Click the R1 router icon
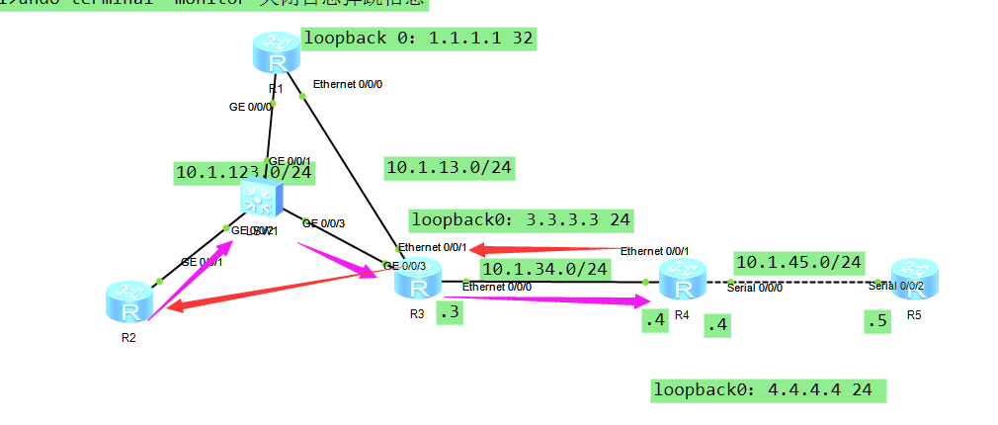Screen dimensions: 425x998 tap(273, 51)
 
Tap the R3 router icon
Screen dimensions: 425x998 tap(416, 281)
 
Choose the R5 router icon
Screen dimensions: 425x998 tap(912, 276)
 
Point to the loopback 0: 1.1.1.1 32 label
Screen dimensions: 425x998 tap(418, 40)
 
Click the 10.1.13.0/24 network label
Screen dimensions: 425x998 tap(450, 168)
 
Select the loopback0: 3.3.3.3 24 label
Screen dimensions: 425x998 tap(522, 219)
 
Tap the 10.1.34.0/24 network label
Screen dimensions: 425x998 tap(544, 268)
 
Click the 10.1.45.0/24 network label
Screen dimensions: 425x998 tap(799, 263)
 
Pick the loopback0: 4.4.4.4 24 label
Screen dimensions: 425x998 tap(768, 390)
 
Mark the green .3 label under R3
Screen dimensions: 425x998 tap(450, 313)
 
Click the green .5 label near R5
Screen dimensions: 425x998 tap(875, 322)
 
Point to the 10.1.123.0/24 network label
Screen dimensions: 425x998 tap(244, 172)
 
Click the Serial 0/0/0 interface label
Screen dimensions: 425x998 tap(755, 288)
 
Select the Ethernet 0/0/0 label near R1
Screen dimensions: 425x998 tap(347, 84)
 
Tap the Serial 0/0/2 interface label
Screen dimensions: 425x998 tap(896, 286)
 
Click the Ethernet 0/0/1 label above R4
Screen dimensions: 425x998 tap(654, 251)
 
